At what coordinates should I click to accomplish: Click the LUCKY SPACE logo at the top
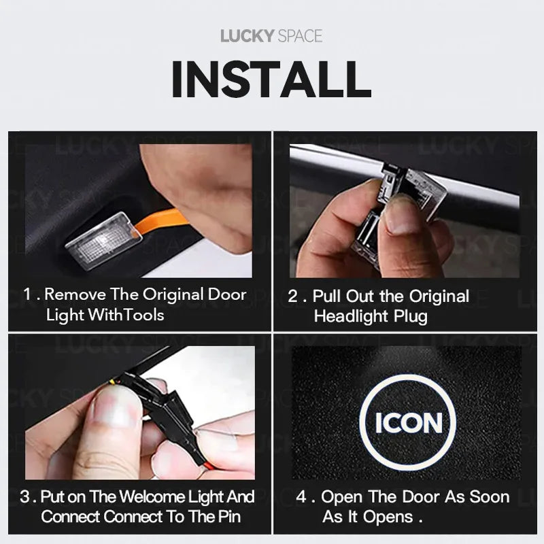[x=271, y=36]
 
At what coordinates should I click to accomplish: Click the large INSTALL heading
[x=271, y=80]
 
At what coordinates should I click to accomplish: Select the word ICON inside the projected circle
[x=409, y=423]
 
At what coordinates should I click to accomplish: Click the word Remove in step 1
[x=75, y=294]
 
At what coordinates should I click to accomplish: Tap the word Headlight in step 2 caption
[x=351, y=316]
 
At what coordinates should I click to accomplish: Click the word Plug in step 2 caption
[x=411, y=317]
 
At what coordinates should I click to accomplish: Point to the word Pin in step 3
[x=229, y=517]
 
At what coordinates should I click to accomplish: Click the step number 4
[x=301, y=496]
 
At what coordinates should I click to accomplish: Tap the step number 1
[x=27, y=294]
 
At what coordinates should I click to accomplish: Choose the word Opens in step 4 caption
[x=388, y=517]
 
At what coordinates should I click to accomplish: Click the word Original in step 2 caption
[x=439, y=296]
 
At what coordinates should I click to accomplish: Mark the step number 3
[x=25, y=496]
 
